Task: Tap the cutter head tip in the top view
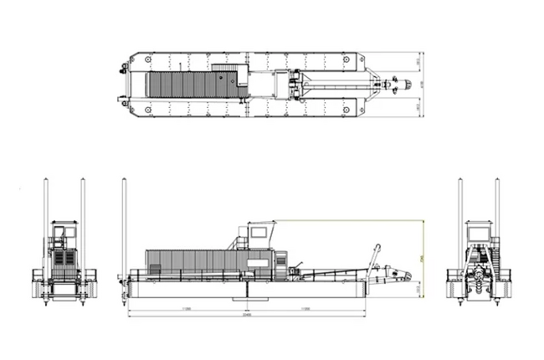point(408,85)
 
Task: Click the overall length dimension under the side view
point(246,316)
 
